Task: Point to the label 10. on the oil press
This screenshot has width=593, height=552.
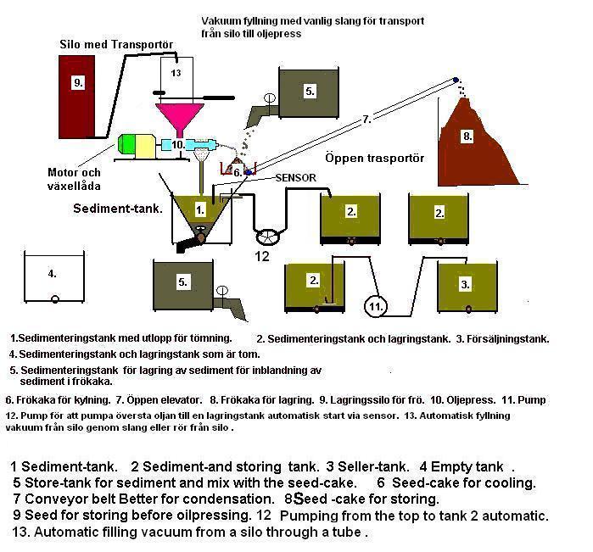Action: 177,145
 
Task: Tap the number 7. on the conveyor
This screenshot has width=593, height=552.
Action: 366,120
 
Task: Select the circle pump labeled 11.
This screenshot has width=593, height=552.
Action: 375,304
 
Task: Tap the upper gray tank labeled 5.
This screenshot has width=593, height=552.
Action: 309,91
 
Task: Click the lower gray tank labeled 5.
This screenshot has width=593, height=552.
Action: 183,282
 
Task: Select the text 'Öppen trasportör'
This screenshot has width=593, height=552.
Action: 362,158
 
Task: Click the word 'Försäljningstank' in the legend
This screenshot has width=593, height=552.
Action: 506,338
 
